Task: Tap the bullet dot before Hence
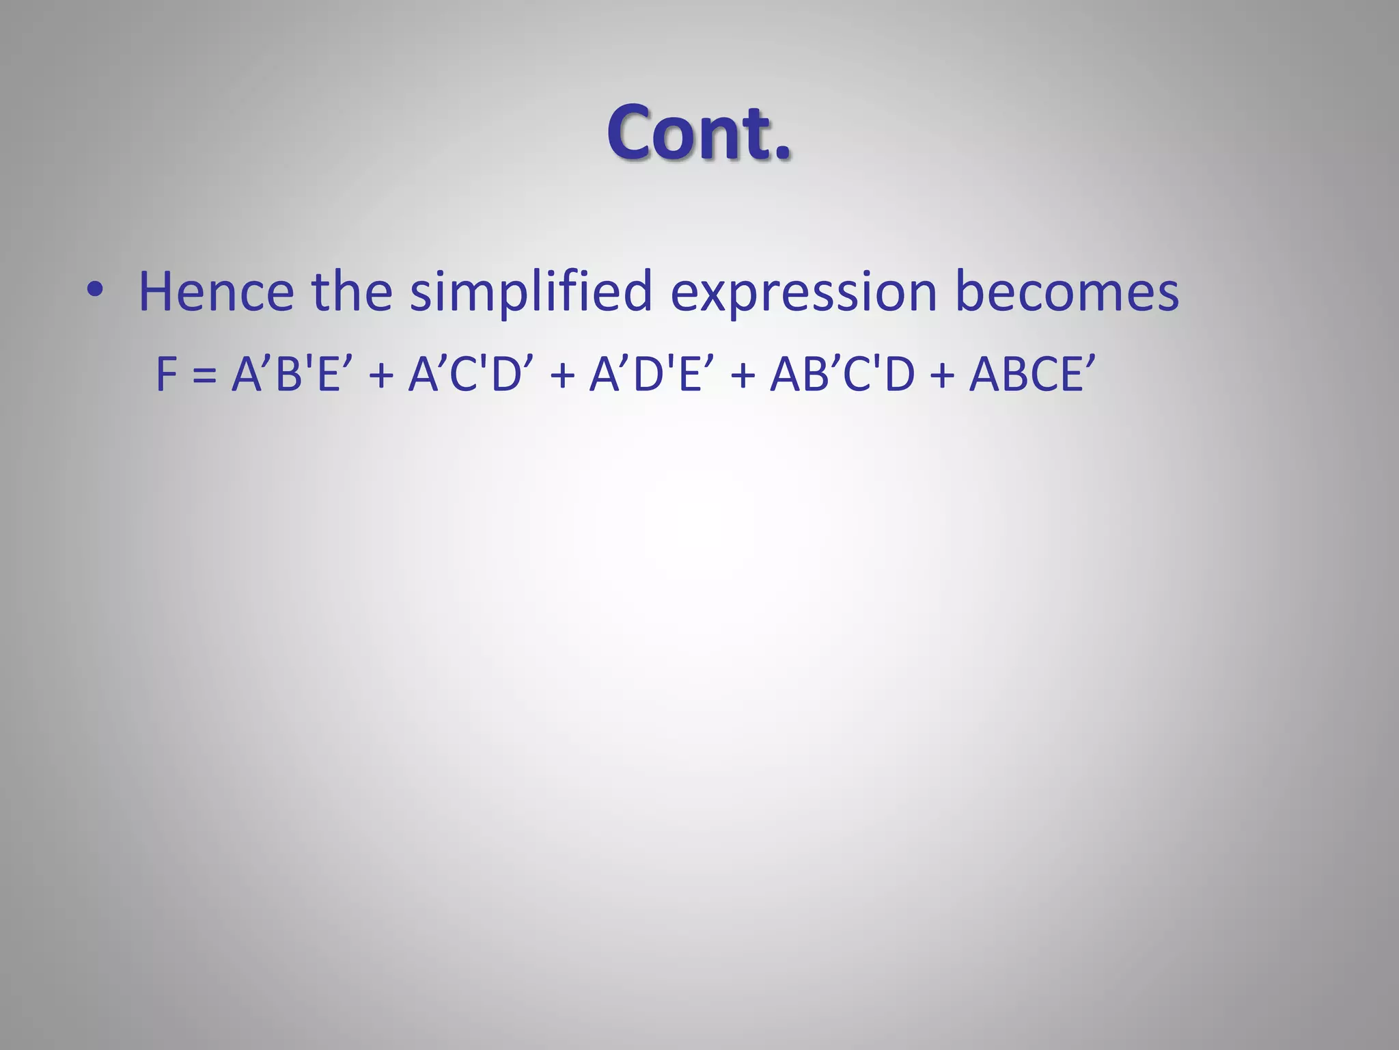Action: click(x=94, y=291)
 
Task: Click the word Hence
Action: click(x=216, y=291)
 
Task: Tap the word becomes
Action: click(x=1066, y=291)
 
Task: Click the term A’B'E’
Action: click(x=286, y=375)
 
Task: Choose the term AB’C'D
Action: click(x=842, y=375)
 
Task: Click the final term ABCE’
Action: click(x=1031, y=375)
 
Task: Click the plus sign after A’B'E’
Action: click(x=380, y=376)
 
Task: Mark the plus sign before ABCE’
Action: click(x=941, y=376)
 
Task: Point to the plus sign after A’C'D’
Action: click(x=562, y=376)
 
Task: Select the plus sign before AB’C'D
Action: click(x=743, y=376)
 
